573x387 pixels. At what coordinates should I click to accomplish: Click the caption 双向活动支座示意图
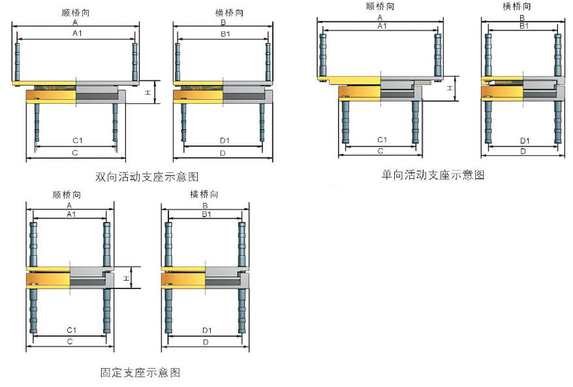[147, 177]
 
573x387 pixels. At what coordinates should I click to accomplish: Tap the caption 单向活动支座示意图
[433, 175]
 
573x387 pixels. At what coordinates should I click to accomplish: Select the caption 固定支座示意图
[140, 373]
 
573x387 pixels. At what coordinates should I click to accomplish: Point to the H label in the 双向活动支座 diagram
[148, 93]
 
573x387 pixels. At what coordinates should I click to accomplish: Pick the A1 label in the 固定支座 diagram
[70, 214]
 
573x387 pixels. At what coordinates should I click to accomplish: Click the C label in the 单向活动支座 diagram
[380, 151]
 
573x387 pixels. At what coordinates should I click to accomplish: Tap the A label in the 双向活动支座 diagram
[76, 23]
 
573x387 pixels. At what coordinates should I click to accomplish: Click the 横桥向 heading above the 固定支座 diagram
[204, 194]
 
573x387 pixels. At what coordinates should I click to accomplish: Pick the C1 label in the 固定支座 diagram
[70, 330]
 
